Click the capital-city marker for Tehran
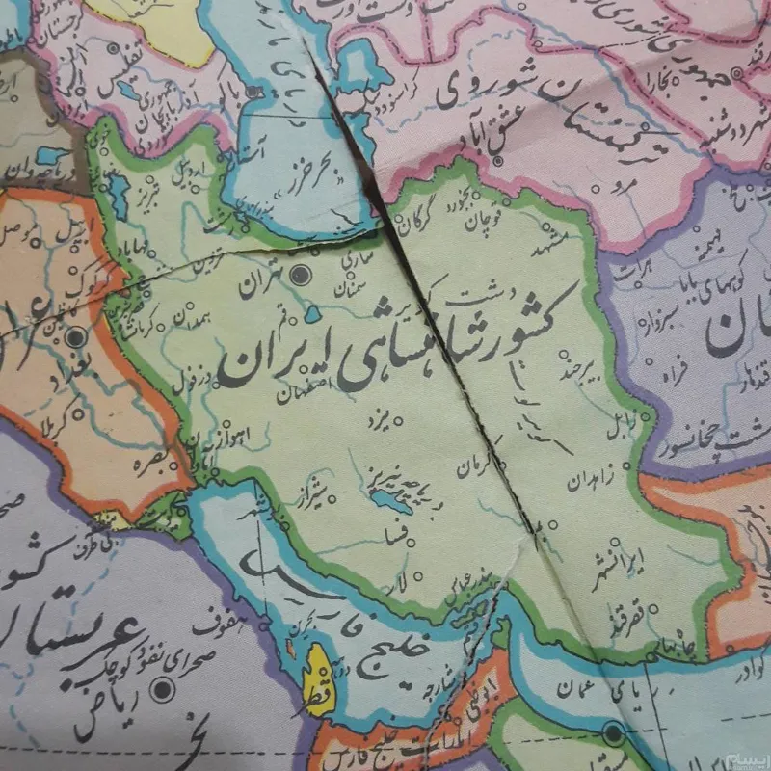click(302, 275)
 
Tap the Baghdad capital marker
click(75, 337)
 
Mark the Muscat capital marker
click(613, 734)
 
